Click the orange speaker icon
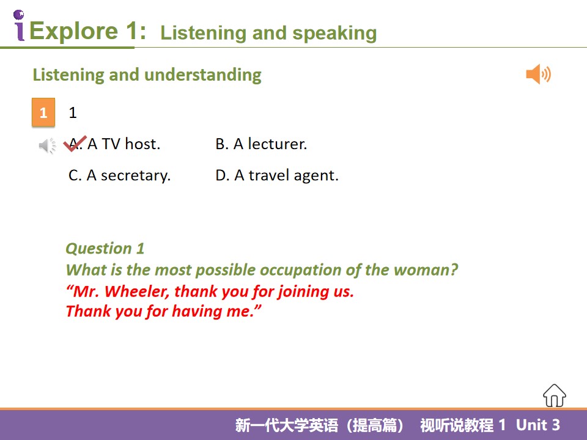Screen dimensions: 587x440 (538, 74)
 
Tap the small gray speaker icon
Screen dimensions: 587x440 (47, 145)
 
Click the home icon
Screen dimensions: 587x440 (555, 395)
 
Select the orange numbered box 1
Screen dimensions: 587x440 (43, 112)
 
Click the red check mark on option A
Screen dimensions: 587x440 (75, 144)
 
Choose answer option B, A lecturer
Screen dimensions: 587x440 (261, 144)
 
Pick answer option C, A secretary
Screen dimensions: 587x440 (119, 175)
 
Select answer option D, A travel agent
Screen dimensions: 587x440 (276, 175)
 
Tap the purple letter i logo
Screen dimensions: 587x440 (19, 26)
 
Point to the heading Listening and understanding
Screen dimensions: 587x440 (147, 75)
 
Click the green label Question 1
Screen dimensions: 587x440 (105, 249)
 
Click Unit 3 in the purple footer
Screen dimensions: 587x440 (538, 425)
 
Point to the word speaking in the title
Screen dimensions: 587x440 (334, 34)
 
